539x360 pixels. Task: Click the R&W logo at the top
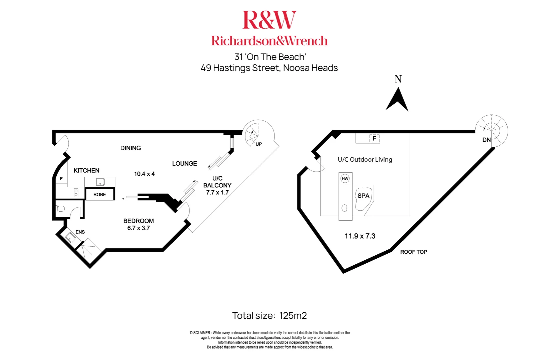point(269,20)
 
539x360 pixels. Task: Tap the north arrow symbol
point(397,100)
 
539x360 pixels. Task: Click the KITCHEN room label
point(86,171)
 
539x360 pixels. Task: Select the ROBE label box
point(100,194)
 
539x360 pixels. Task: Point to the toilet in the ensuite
point(60,209)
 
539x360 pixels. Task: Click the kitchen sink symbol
point(100,182)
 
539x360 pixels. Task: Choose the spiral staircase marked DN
point(492,131)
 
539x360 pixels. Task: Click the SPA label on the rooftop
point(363,196)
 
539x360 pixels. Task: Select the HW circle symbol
point(345,179)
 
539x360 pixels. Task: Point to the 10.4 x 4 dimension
point(144,174)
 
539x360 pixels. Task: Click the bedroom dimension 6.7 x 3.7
point(138,228)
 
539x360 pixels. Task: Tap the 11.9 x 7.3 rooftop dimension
point(360,236)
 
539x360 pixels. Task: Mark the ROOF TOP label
point(414,252)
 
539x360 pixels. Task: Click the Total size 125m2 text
point(269,316)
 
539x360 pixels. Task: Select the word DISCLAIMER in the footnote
point(200,333)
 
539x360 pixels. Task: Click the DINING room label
point(130,148)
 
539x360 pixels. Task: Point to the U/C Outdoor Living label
point(365,160)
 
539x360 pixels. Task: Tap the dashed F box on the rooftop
point(374,138)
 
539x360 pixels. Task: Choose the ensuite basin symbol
point(70,237)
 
